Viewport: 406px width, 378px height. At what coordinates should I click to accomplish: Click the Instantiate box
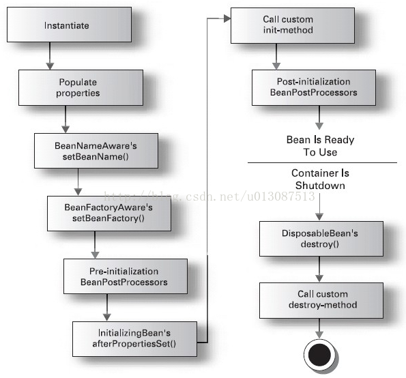pyautogui.click(x=69, y=25)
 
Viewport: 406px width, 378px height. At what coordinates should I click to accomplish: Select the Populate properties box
pyautogui.click(x=81, y=87)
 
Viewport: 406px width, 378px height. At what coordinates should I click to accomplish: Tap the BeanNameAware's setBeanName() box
pyautogui.click(x=96, y=151)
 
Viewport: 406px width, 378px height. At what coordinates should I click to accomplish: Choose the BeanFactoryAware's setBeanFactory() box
pyautogui.click(x=109, y=214)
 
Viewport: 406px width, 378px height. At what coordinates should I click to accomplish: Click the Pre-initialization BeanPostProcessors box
pyautogui.click(x=126, y=276)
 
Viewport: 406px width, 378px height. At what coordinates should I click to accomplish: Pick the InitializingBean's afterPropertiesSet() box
pyautogui.click(x=134, y=339)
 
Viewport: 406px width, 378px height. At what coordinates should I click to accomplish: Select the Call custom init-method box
pyautogui.click(x=293, y=25)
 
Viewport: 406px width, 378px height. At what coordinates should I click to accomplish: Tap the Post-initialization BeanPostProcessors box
pyautogui.click(x=314, y=87)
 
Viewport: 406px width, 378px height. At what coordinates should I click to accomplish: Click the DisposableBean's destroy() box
pyautogui.click(x=321, y=239)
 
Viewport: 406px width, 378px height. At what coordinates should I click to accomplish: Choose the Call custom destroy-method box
pyautogui.click(x=321, y=300)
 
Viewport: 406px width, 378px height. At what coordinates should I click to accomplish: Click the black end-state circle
pyautogui.click(x=320, y=355)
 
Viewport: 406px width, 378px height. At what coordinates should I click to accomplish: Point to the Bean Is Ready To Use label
pyautogui.click(x=320, y=146)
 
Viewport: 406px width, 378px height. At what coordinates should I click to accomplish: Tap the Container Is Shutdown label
pyautogui.click(x=320, y=179)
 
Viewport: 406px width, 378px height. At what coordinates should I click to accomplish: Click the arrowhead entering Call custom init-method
pyautogui.click(x=227, y=18)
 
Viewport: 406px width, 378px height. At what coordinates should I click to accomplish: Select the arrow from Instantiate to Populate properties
pyautogui.click(x=50, y=56)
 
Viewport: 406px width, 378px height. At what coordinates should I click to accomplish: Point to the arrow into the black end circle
pyautogui.click(x=319, y=328)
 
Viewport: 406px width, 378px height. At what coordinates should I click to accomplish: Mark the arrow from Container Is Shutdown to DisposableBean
pyautogui.click(x=319, y=207)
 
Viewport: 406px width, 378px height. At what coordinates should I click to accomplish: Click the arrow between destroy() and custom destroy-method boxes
pyautogui.click(x=319, y=270)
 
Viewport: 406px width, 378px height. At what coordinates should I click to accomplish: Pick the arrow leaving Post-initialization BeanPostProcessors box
pyautogui.click(x=319, y=117)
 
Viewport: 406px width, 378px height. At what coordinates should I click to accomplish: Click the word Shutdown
pyautogui.click(x=320, y=186)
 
